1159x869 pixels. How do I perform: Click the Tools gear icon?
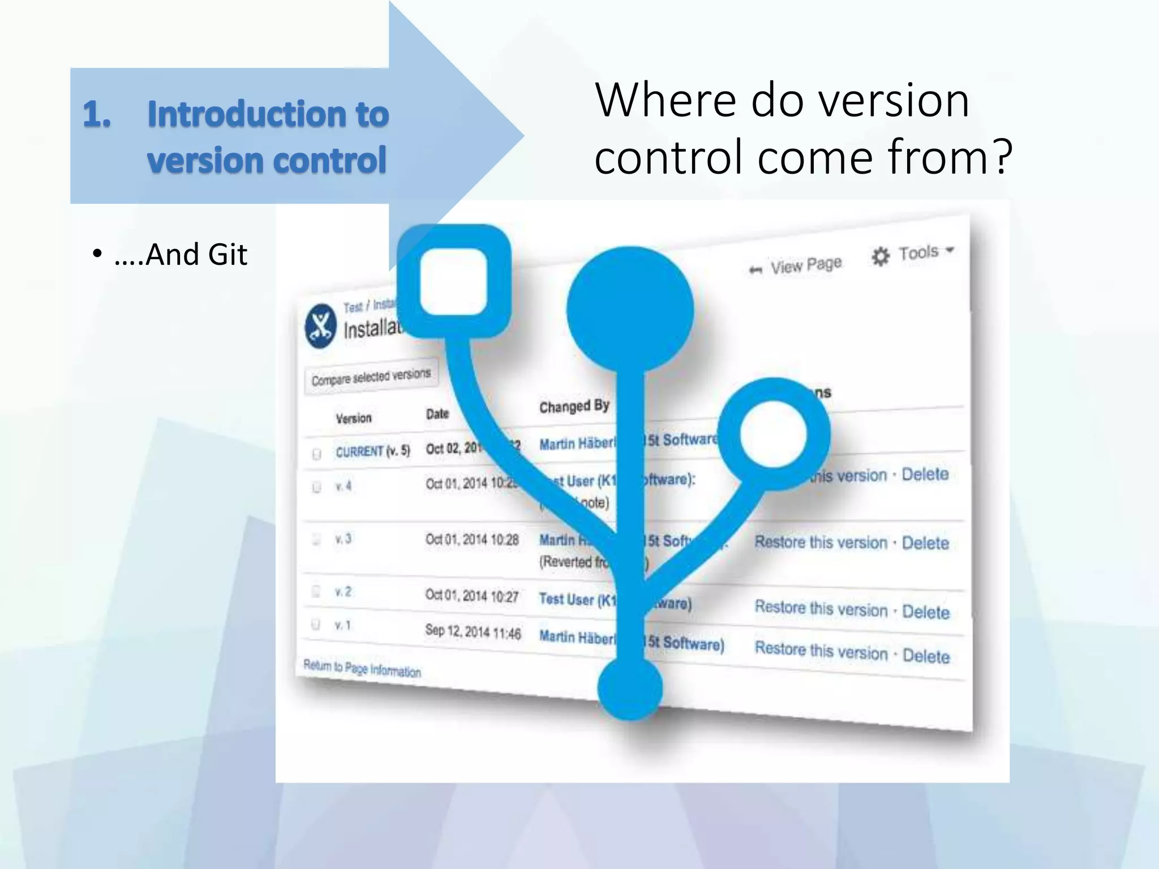(x=880, y=257)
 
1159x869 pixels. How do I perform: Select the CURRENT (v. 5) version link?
(x=372, y=451)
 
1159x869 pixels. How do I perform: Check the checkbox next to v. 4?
(x=316, y=487)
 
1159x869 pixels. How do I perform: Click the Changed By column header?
(x=574, y=406)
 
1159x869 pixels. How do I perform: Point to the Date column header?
(x=437, y=414)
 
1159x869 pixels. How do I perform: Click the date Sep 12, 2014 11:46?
(x=473, y=632)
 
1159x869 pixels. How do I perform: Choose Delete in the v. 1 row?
(x=926, y=656)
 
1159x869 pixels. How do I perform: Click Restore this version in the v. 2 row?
(x=821, y=608)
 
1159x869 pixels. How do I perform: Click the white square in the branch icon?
(x=454, y=281)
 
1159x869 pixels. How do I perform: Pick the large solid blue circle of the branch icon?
(x=630, y=309)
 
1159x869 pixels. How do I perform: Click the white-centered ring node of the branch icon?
(x=773, y=434)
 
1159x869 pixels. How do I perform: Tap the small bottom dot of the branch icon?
(x=630, y=689)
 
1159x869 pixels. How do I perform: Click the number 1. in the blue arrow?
(x=97, y=114)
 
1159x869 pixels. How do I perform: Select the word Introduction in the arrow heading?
(x=244, y=114)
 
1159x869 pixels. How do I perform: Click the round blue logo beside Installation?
(x=321, y=326)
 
